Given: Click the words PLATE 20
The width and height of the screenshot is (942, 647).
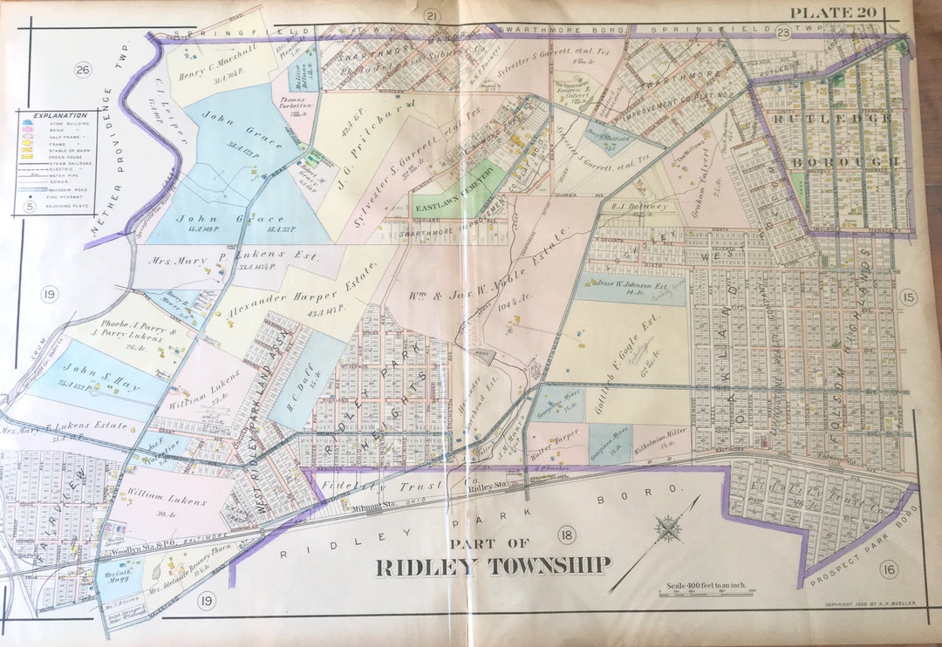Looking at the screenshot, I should [835, 12].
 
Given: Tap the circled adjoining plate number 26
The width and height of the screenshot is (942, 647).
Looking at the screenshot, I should [83, 70].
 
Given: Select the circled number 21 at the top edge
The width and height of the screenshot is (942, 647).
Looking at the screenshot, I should [431, 16].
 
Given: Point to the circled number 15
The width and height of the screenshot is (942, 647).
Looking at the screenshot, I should [910, 298].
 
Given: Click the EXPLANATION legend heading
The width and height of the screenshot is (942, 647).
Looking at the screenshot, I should [60, 115].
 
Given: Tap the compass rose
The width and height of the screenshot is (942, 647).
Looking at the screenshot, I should [668, 528].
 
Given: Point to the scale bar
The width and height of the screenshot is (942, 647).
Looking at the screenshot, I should [696, 593].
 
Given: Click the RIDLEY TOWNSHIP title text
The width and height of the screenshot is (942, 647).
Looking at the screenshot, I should [493, 566].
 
